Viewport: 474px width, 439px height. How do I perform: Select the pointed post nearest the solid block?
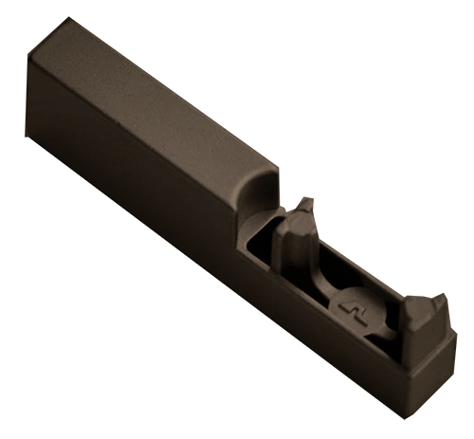point(301,237)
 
